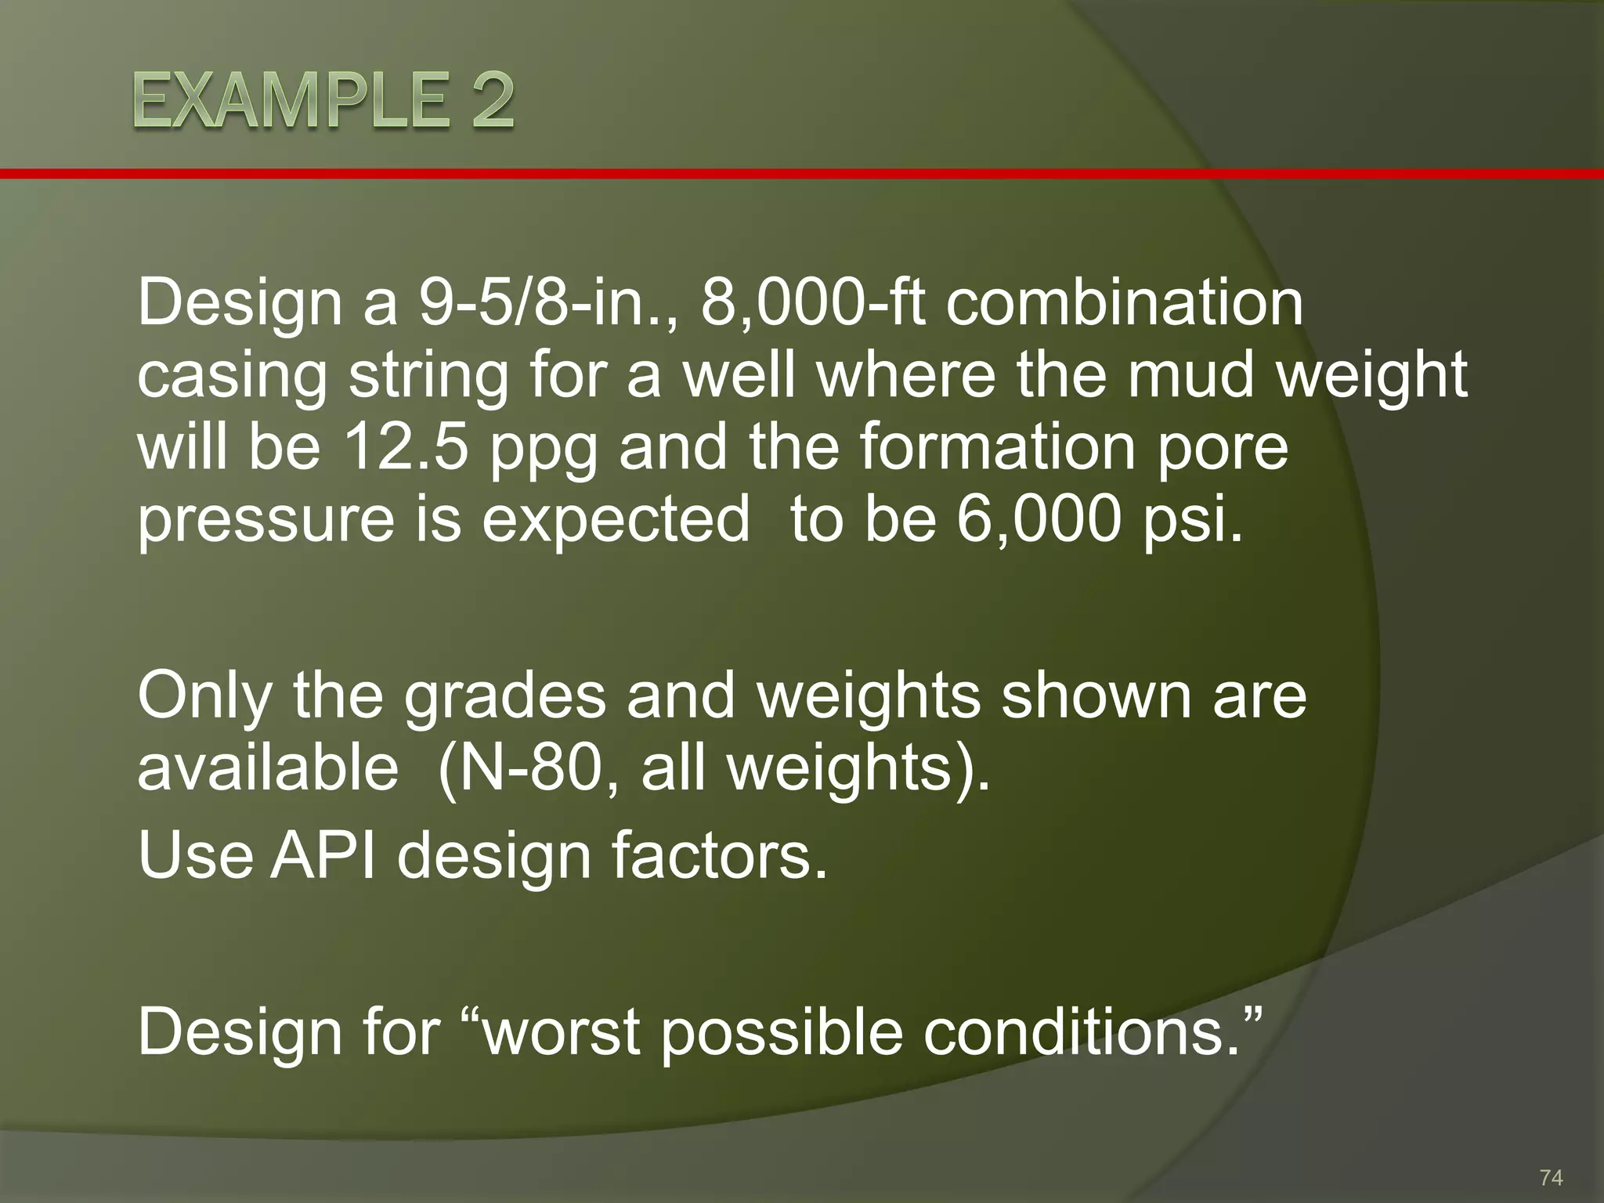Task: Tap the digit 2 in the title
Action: coord(486,103)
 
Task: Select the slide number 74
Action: coord(1551,1177)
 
